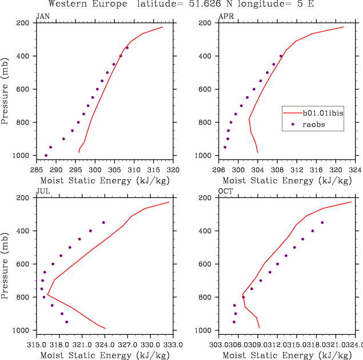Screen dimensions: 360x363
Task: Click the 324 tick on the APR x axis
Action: (355, 169)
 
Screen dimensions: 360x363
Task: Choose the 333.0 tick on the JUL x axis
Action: (173, 345)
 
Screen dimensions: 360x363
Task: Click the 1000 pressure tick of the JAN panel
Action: (23, 156)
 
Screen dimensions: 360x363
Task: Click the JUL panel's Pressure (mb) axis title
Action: (6, 265)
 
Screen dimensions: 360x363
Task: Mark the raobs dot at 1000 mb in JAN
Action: (46, 155)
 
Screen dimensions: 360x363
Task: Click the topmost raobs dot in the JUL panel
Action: (103, 222)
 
